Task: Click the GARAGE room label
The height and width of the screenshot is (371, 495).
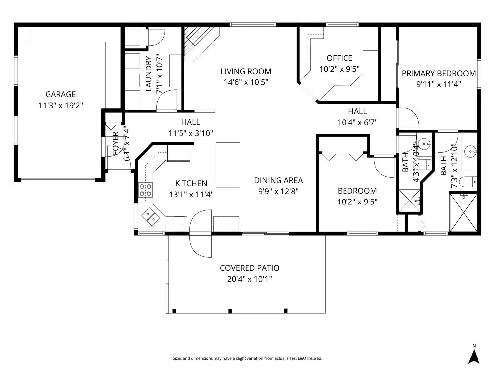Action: click(x=60, y=94)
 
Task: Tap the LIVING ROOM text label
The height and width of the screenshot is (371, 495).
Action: click(x=246, y=72)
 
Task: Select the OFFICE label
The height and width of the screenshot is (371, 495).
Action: click(x=339, y=58)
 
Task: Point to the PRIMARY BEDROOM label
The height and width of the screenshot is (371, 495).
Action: click(x=439, y=74)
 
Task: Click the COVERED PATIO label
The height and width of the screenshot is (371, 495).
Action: click(x=249, y=268)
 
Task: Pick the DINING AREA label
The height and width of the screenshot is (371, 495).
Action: click(x=278, y=180)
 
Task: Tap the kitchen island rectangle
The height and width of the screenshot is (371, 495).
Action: click(x=228, y=165)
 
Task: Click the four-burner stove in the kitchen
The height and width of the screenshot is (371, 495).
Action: click(x=146, y=190)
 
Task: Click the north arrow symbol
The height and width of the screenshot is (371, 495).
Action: click(x=474, y=357)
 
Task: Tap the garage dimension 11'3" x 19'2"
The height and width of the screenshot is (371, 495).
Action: click(x=60, y=105)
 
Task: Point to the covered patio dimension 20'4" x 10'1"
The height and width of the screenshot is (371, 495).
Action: click(x=249, y=279)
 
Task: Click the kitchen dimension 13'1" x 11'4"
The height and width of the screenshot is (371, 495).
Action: click(x=191, y=194)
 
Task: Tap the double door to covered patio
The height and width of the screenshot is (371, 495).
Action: click(x=201, y=233)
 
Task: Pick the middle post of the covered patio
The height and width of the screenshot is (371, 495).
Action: click(x=230, y=311)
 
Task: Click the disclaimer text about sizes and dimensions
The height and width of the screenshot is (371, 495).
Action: click(x=247, y=358)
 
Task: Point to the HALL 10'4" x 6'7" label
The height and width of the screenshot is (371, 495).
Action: click(x=357, y=117)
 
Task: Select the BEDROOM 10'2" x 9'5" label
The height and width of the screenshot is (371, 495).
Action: click(x=357, y=196)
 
